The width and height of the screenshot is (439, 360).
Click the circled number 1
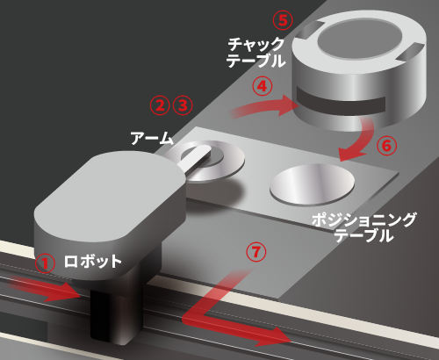pos(45,263)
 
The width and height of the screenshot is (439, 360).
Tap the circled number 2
pos(160,105)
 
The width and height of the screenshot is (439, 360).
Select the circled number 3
pos(183,105)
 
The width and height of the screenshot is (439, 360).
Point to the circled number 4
pos(263,86)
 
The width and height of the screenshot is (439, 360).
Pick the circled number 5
pos(283,20)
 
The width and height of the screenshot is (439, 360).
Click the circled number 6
pos(386,146)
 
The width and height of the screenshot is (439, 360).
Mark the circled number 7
pos(256,252)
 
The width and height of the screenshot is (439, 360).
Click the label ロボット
pos(92,262)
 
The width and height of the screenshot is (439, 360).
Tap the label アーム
pos(152,138)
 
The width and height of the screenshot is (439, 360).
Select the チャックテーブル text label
pos(255,53)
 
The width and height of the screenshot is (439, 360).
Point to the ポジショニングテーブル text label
pos(363,227)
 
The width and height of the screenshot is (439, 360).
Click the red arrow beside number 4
pos(263,107)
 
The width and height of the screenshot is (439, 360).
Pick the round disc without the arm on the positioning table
pos(313,184)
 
